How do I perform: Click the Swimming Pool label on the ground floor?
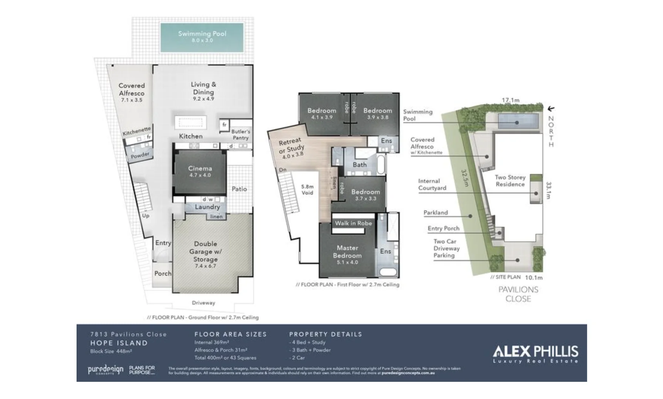pos(202,34)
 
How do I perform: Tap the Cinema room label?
pos(200,169)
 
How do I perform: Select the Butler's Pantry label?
pos(240,134)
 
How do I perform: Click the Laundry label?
pos(207,207)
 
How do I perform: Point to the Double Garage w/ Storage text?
pos(206,252)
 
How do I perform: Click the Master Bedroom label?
pos(347,252)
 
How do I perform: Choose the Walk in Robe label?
pos(353,223)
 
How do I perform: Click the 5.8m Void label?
pos(307,190)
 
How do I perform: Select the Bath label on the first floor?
pos(359,165)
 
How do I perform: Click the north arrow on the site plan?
pos(551,109)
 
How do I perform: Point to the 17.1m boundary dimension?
pos(510,100)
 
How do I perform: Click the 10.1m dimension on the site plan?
pos(534,277)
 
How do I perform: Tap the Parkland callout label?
pos(435,213)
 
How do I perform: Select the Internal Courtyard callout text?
pos(432,184)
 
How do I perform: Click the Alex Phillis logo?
pos(535,354)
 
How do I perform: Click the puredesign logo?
pos(105,369)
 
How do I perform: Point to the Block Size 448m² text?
pos(111,351)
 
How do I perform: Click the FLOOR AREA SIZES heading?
pos(230,334)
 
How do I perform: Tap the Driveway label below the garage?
pos(203,303)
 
